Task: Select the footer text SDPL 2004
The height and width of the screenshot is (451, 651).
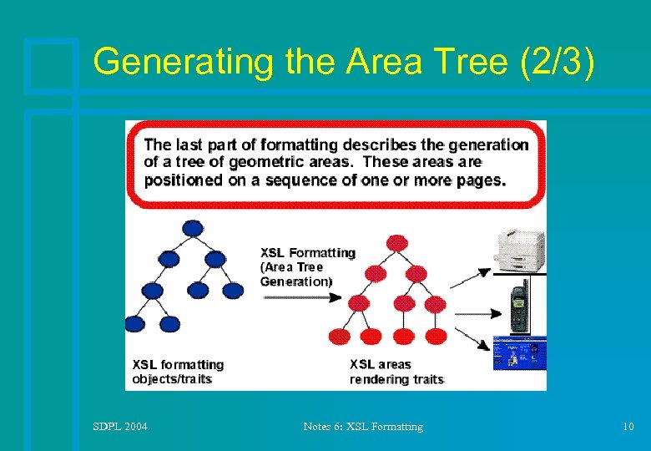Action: point(120,427)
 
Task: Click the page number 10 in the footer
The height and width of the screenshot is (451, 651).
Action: point(628,427)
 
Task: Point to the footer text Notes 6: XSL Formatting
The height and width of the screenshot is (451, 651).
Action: point(363,427)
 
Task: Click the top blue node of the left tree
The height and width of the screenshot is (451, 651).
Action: point(193,227)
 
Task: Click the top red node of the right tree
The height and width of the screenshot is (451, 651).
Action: point(397,243)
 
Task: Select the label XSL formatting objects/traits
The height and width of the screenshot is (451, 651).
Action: point(178,372)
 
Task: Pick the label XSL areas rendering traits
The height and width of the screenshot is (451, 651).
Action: point(396,372)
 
